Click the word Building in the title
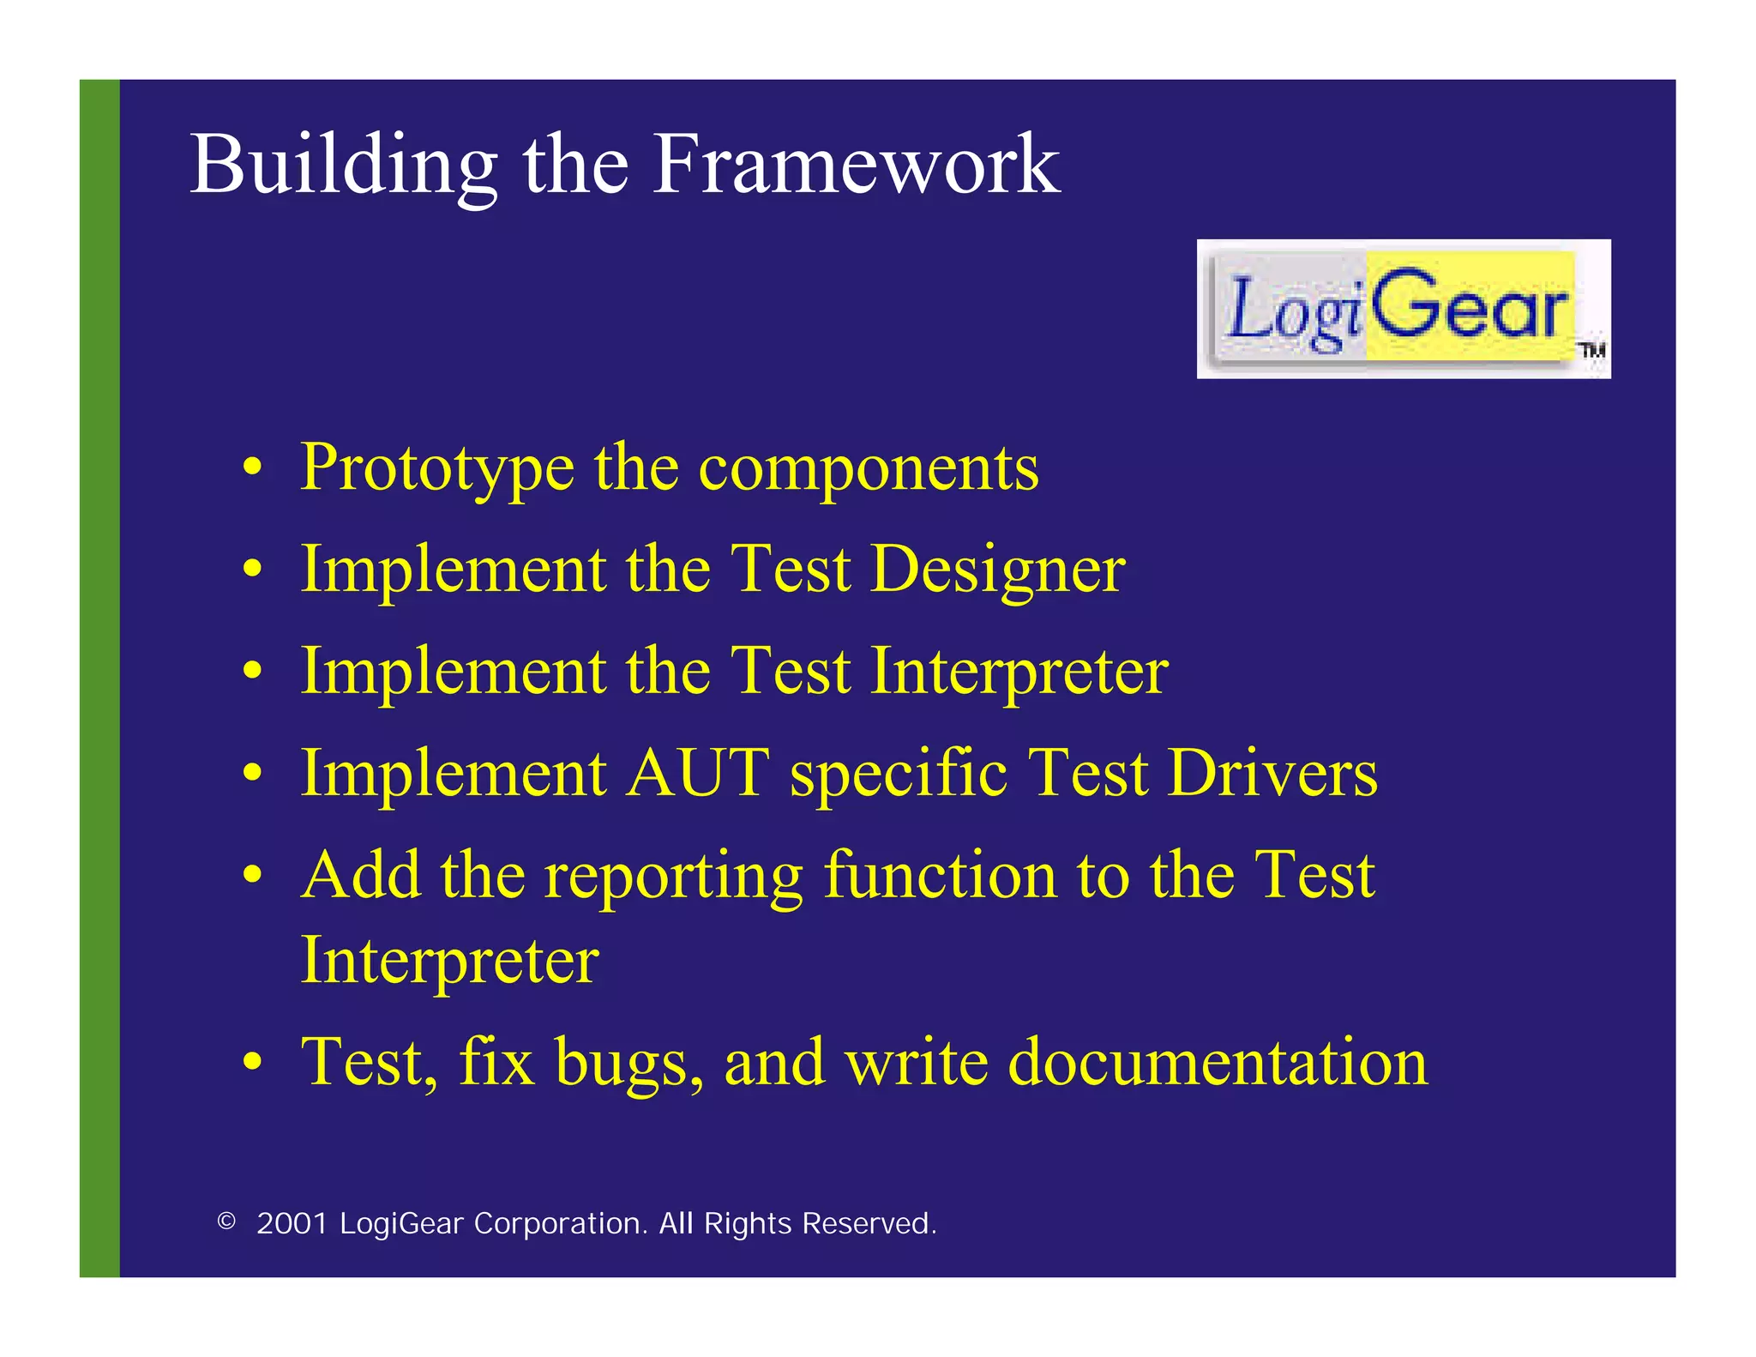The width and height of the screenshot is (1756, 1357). coord(343,165)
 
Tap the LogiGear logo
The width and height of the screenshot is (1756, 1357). coord(1403,309)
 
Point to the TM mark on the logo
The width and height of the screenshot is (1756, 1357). coord(1592,350)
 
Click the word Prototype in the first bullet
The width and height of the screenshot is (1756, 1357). coord(437,469)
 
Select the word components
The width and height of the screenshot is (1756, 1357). coord(869,469)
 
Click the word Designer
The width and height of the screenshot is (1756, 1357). coord(997,570)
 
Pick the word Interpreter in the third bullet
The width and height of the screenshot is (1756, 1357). coord(1019,672)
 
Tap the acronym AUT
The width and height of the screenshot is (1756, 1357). coord(698,773)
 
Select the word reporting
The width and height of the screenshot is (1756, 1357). coord(674,876)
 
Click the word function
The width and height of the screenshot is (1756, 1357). coord(941,876)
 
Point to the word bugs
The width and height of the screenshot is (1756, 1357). coord(629,1064)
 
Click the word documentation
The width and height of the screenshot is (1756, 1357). coord(1218,1064)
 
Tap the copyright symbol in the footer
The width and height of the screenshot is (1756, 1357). coord(226,1221)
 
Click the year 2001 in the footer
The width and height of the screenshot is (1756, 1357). coord(292,1223)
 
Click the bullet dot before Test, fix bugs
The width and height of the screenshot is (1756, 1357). coord(251,1064)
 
